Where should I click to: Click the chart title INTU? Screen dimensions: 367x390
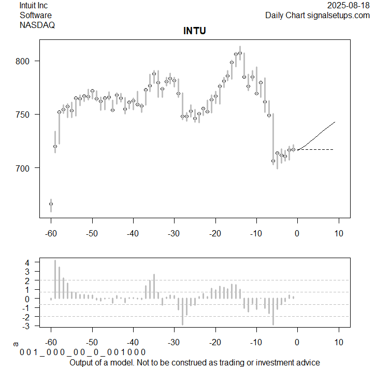point(195,31)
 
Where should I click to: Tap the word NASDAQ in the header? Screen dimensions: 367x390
point(37,24)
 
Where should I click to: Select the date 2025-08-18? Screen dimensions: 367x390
point(349,6)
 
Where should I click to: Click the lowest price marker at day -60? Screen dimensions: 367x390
point(51,204)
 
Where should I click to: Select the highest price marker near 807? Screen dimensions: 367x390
point(240,53)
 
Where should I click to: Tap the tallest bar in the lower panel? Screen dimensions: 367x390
point(55,279)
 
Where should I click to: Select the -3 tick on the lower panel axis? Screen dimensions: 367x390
point(27,326)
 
